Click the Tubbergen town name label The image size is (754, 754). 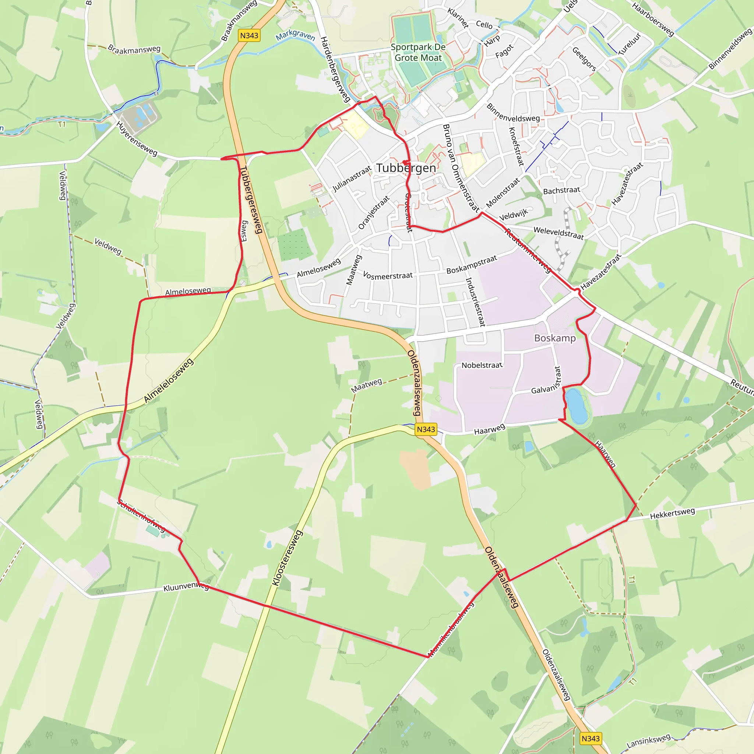pyautogui.click(x=406, y=168)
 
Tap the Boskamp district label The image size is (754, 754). pyautogui.click(x=554, y=338)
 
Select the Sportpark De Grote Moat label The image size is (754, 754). pyautogui.click(x=418, y=52)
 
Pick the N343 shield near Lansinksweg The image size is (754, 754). pyautogui.click(x=591, y=739)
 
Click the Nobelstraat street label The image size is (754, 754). pyautogui.click(x=482, y=365)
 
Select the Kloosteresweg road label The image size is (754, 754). pyautogui.click(x=287, y=558)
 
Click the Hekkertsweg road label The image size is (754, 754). pyautogui.click(x=672, y=514)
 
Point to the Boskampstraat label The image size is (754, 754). pyautogui.click(x=472, y=265)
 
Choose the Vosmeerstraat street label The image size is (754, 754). pyautogui.click(x=388, y=275)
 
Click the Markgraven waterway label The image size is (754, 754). pyautogui.click(x=295, y=35)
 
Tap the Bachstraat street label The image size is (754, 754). pyautogui.click(x=561, y=190)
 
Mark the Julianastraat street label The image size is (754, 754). pyautogui.click(x=351, y=179)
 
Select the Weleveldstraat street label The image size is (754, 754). pyautogui.click(x=559, y=233)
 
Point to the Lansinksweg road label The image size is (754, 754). pyautogui.click(x=648, y=740)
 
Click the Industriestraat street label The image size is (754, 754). pyautogui.click(x=475, y=302)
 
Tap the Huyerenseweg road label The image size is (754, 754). pyautogui.click(x=137, y=138)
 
